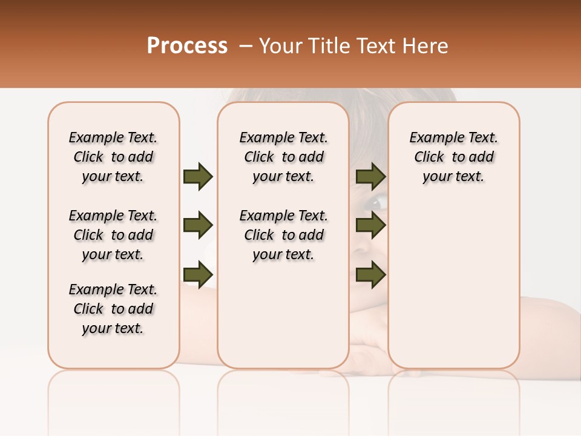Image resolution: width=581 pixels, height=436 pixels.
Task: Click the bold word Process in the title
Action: [187, 46]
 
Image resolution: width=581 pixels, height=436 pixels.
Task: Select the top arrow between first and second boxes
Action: [197, 177]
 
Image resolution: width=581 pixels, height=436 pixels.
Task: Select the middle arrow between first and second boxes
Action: [197, 225]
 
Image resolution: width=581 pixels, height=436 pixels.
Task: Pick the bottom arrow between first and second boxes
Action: [197, 274]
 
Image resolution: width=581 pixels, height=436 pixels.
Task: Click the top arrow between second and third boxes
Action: [370, 177]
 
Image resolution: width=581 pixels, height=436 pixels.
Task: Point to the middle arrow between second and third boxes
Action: [370, 225]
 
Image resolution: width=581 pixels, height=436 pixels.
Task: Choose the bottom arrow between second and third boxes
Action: [370, 274]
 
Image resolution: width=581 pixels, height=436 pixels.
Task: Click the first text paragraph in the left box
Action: [113, 157]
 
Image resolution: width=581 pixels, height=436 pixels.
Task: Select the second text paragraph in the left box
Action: [113, 235]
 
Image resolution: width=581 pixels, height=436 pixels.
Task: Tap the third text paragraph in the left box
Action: [113, 309]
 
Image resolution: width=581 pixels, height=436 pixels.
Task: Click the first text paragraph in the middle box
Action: [283, 157]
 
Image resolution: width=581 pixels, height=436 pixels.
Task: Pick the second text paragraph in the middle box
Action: [283, 235]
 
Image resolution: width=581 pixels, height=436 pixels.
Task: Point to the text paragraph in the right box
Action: [453, 157]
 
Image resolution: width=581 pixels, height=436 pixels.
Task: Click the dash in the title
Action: [246, 46]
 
